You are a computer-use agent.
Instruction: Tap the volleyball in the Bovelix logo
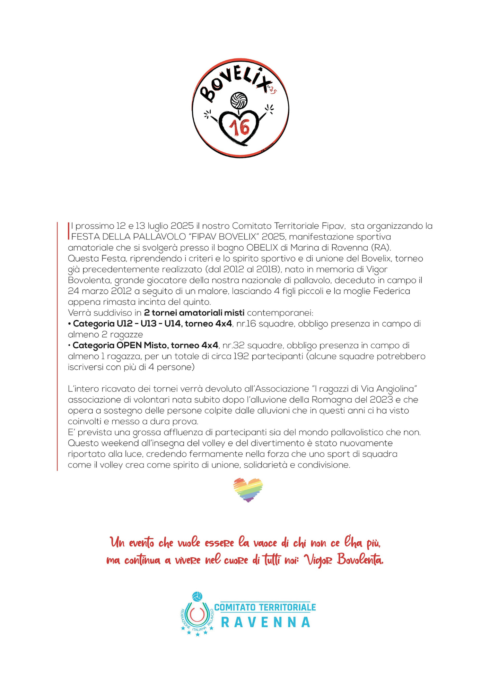click(x=239, y=100)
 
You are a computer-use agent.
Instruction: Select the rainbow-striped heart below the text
click(x=248, y=490)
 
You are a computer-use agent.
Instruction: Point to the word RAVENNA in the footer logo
click(x=265, y=623)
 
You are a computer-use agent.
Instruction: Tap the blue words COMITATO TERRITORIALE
click(x=265, y=607)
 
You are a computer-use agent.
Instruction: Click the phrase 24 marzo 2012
click(x=99, y=291)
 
